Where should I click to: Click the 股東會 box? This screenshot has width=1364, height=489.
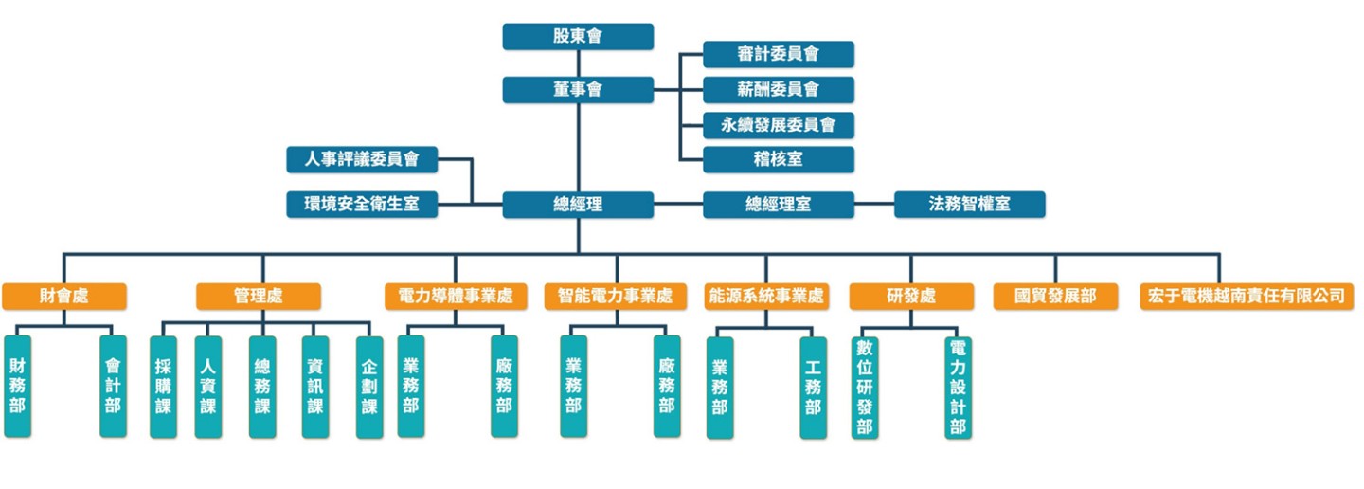pyautogui.click(x=578, y=37)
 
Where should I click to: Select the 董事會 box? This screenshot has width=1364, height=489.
pyautogui.click(x=578, y=90)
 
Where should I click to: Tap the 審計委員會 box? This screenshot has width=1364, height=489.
pyautogui.click(x=778, y=55)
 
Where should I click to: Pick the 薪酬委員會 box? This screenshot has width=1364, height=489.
pyautogui.click(x=778, y=90)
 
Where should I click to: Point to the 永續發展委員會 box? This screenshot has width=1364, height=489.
pyautogui.click(x=778, y=124)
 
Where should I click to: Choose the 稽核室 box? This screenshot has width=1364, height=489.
pyautogui.click(x=778, y=159)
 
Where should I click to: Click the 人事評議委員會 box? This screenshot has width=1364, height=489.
pyautogui.click(x=362, y=159)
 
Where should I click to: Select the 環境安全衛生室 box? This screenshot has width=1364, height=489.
pyautogui.click(x=362, y=204)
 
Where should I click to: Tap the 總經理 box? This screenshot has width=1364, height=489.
pyautogui.click(x=578, y=204)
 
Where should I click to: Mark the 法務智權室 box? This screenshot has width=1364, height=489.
pyautogui.click(x=969, y=204)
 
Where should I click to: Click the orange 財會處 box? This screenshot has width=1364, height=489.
pyautogui.click(x=63, y=296)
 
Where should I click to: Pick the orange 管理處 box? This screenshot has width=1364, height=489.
pyautogui.click(x=258, y=296)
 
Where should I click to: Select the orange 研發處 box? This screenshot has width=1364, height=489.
pyautogui.click(x=910, y=296)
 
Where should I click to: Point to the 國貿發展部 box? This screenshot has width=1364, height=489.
pyautogui.click(x=1054, y=296)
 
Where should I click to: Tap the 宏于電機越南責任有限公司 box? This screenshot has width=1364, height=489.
pyautogui.click(x=1247, y=296)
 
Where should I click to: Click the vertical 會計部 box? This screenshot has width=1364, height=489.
pyautogui.click(x=113, y=386)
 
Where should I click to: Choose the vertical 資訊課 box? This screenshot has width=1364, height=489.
pyautogui.click(x=315, y=387)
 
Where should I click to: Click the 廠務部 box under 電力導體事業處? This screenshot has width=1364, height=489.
pyautogui.click(x=504, y=386)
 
